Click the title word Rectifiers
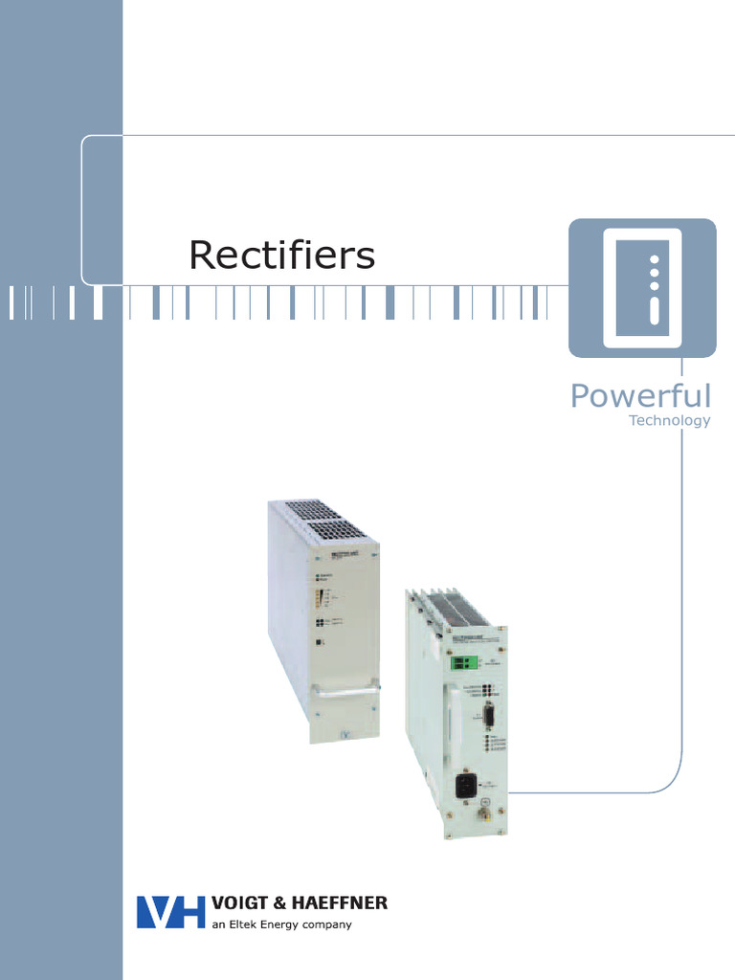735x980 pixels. tap(281, 256)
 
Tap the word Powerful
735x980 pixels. tap(640, 395)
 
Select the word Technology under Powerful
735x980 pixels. tap(669, 420)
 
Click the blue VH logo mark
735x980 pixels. tap(171, 911)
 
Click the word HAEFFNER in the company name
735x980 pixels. tap(343, 903)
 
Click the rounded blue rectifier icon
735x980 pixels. tap(642, 288)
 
